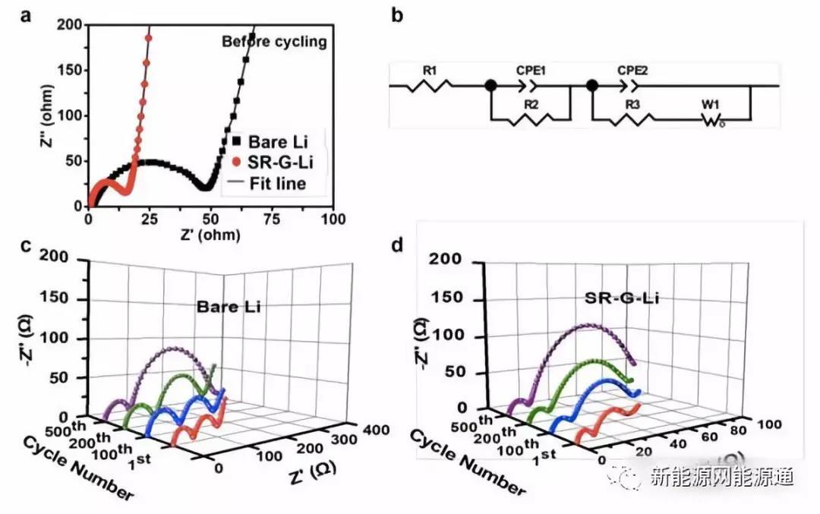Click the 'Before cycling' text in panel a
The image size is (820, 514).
pyautogui.click(x=274, y=42)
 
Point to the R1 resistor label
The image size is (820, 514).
pyautogui.click(x=429, y=71)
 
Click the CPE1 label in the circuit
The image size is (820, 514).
pyautogui.click(x=531, y=70)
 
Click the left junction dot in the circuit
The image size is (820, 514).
pyautogui.click(x=490, y=85)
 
